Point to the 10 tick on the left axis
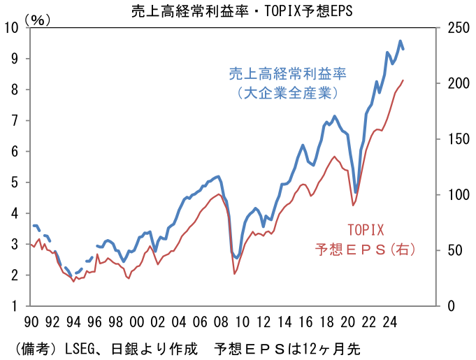click(11, 28)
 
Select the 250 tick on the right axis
click(452, 28)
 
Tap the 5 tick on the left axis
click(14, 182)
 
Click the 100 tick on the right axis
click(452, 194)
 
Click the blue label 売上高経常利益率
click(288, 73)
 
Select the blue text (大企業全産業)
click(288, 92)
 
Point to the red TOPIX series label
click(366, 229)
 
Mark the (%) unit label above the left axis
click(38, 20)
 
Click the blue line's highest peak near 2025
click(400, 41)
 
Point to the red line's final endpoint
click(403, 80)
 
